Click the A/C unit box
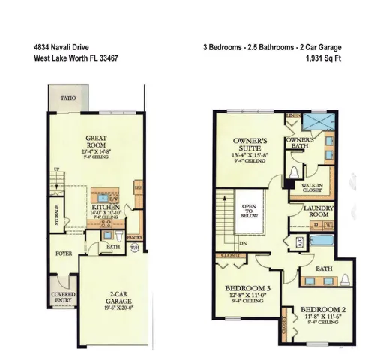coord(299,242)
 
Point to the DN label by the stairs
coord(244,244)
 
